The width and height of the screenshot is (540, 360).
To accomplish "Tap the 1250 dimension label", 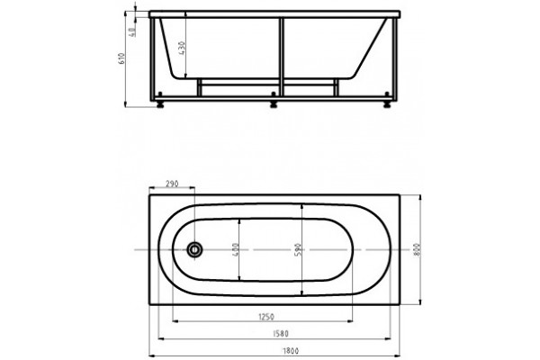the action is pos(265,316).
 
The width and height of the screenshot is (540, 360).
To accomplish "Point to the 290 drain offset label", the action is pos(172,184).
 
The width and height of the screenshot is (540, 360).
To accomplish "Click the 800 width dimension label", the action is pos(417,249).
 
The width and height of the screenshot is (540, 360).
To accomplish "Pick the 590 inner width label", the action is pos(298,249).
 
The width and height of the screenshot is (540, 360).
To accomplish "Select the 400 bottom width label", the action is pos(235,249).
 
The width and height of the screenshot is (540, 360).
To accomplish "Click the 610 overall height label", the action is pos(121,58).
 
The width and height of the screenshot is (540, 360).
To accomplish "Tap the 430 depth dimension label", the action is pos(182,48).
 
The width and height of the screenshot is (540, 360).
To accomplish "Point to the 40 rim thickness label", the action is pos(132,32).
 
